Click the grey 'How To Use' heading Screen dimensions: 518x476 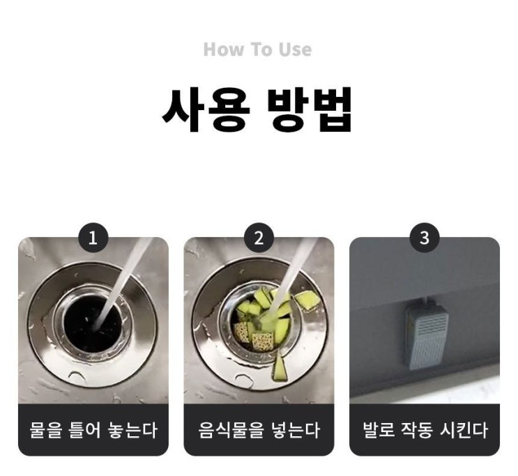tap(257, 49)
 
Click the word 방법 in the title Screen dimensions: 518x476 tap(310, 109)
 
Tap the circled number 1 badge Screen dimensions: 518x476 tap(93, 238)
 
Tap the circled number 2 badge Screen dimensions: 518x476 tap(259, 238)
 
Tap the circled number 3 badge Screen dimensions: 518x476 tap(425, 238)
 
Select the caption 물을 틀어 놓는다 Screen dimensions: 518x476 tap(93, 430)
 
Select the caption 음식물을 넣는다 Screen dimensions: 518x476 tap(259, 430)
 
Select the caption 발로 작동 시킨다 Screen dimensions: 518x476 tap(425, 430)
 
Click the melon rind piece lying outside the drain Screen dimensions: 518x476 tap(307, 300)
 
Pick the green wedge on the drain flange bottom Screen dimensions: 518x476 tap(279, 366)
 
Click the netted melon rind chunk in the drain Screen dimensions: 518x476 tap(263, 341)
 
